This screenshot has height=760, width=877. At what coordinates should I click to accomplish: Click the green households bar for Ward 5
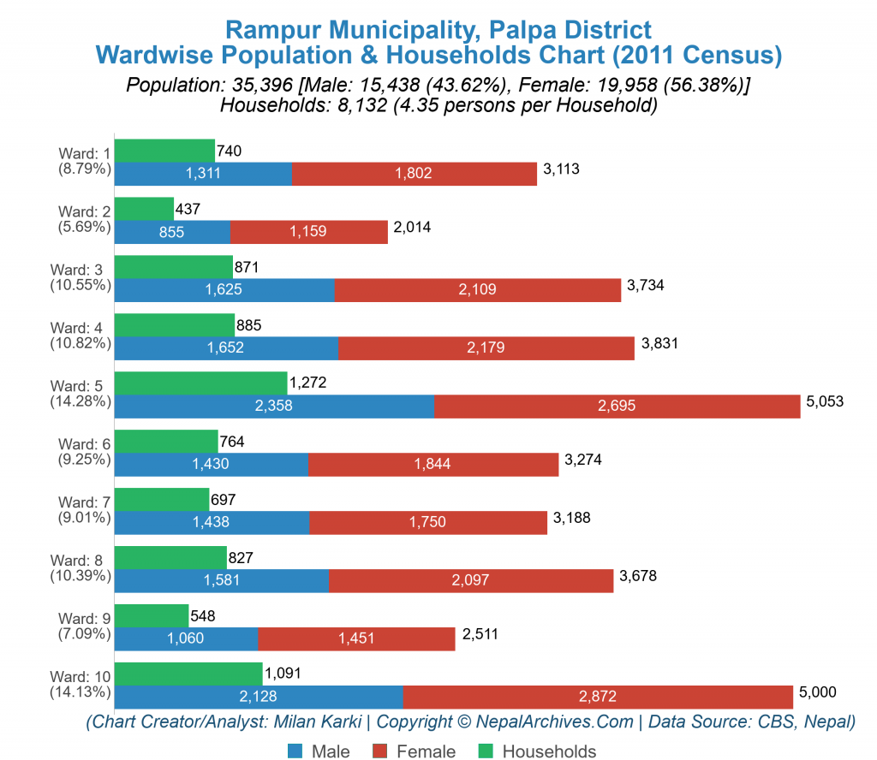coord(200,383)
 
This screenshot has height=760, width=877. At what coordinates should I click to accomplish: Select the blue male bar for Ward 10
coord(259,697)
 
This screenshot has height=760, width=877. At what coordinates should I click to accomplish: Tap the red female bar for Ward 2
coord(309,232)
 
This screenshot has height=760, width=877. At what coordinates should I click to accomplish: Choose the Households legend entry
coord(538,751)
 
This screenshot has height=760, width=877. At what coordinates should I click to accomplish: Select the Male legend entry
coord(319,751)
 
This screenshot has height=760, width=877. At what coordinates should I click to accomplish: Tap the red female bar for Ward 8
coord(471,580)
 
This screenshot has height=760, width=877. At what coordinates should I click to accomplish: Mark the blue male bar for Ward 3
coord(224,290)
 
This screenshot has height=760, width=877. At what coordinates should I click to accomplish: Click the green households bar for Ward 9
coord(152,615)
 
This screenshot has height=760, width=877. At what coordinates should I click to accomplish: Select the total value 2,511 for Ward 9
coord(480,634)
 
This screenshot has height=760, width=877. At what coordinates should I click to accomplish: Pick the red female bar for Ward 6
coord(433,464)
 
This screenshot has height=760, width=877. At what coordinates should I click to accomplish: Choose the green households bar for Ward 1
coord(164,151)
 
